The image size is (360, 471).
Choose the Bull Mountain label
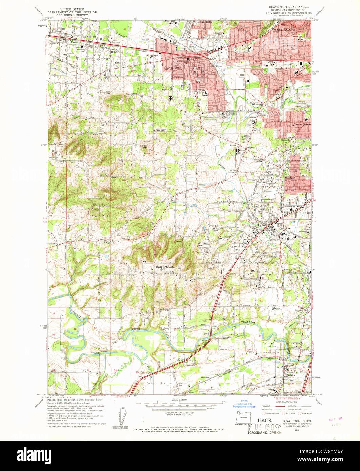[x=167, y=267]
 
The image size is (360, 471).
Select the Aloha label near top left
[x=74, y=43]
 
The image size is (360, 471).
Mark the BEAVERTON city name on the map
[x=172, y=68]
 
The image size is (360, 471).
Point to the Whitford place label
[x=257, y=104]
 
